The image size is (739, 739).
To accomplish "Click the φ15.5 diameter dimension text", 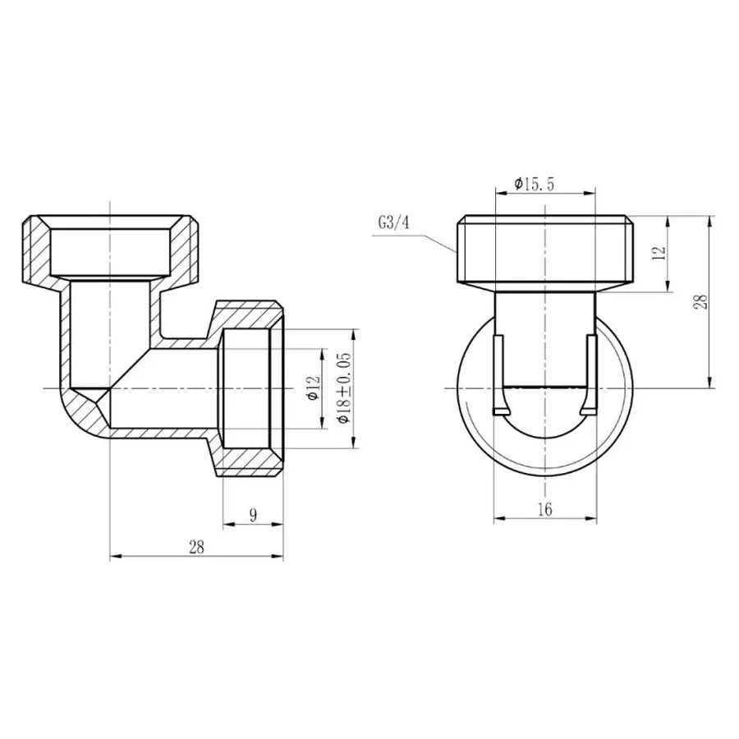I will click(535, 185).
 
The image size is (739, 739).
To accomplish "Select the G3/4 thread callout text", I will click(393, 223).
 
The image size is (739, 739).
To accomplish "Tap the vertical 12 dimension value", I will click(657, 253).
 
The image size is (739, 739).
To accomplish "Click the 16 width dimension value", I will click(544, 509).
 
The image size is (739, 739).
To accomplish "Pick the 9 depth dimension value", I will click(253, 516).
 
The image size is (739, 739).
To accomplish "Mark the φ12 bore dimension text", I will click(311, 388).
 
